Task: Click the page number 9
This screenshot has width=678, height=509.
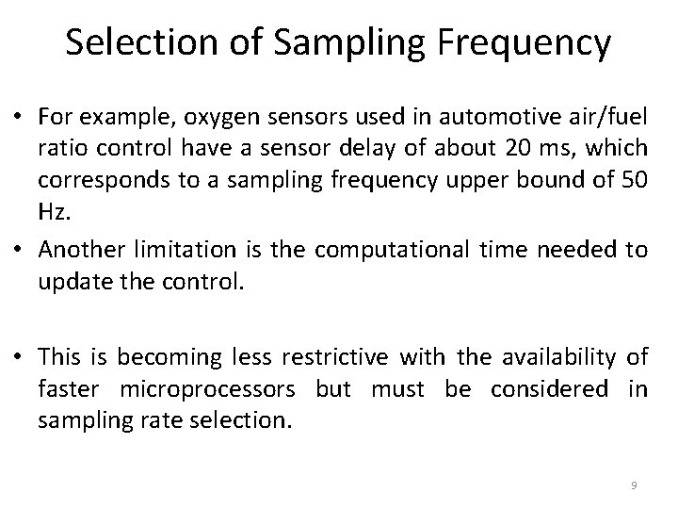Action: [x=634, y=485]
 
